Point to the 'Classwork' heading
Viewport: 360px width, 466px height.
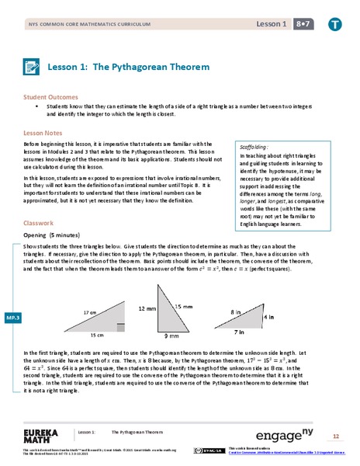[39, 223]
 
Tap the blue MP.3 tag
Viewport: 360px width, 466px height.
[12, 318]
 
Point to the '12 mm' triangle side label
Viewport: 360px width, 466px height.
[148, 308]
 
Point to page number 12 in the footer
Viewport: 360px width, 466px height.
[336, 436]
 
